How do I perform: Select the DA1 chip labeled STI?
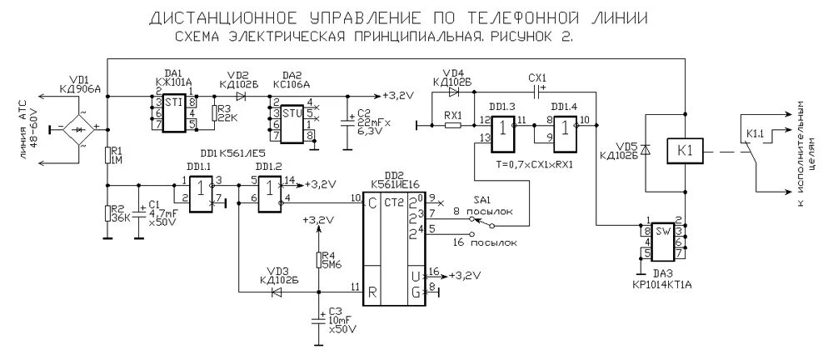[174, 113]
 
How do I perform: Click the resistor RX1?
[453, 126]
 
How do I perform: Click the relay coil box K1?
[685, 151]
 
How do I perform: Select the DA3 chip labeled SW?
[663, 239]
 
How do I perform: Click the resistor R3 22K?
[216, 113]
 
